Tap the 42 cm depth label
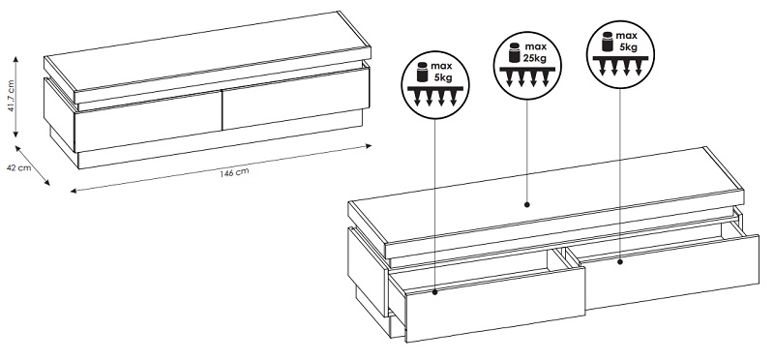click(x=18, y=167)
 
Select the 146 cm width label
click(x=234, y=173)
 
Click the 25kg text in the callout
click(x=534, y=57)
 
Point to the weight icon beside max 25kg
click(x=515, y=52)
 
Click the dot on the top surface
click(x=526, y=204)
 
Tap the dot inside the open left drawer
click(x=434, y=292)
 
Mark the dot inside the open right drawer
click(x=620, y=262)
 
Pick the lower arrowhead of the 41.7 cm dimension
click(x=15, y=134)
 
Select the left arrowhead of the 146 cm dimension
click(x=74, y=191)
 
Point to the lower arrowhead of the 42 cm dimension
click(x=46, y=183)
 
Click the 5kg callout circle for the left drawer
click(x=434, y=85)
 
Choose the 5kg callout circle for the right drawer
click(x=619, y=54)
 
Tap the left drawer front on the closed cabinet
click(x=148, y=122)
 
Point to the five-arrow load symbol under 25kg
click(x=527, y=76)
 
